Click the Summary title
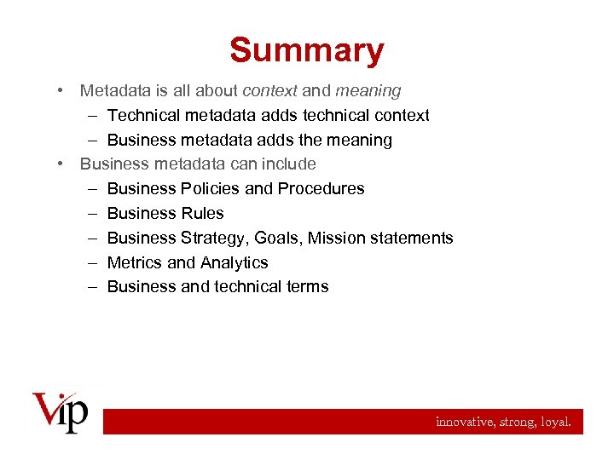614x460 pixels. [x=306, y=50]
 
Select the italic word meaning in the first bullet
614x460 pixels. [x=368, y=90]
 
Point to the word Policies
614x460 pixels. [x=211, y=188]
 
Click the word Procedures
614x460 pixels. [x=321, y=188]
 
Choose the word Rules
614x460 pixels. [x=202, y=213]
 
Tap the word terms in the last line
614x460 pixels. [x=308, y=287]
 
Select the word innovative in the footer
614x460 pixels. [x=463, y=421]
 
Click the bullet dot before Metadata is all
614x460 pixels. [x=62, y=90]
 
